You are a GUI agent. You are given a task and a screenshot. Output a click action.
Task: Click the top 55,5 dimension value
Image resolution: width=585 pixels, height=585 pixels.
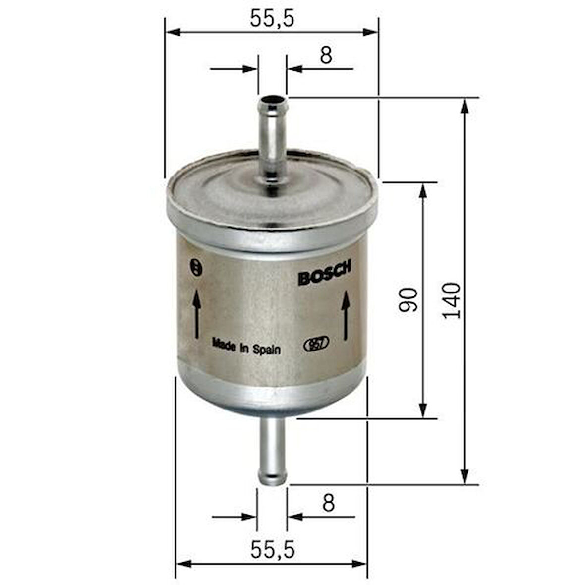pyautogui.click(x=272, y=19)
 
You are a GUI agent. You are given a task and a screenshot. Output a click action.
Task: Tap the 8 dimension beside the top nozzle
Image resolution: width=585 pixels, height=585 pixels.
pyautogui.click(x=326, y=56)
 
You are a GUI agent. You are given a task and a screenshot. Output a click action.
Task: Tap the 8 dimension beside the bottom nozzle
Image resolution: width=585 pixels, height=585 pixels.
pyautogui.click(x=328, y=503)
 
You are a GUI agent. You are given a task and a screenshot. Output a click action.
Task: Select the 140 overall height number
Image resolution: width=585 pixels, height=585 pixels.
pyautogui.click(x=452, y=300)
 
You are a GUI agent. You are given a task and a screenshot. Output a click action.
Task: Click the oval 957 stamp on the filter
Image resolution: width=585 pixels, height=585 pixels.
pyautogui.click(x=316, y=345)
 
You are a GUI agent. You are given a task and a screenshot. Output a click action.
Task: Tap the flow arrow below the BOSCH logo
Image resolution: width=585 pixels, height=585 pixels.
pyautogui.click(x=346, y=315)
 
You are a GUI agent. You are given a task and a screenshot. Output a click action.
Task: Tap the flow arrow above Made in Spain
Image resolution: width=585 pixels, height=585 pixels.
pyautogui.click(x=197, y=314)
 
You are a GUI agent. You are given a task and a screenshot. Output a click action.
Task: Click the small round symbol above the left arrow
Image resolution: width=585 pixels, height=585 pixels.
pyautogui.click(x=197, y=267)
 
